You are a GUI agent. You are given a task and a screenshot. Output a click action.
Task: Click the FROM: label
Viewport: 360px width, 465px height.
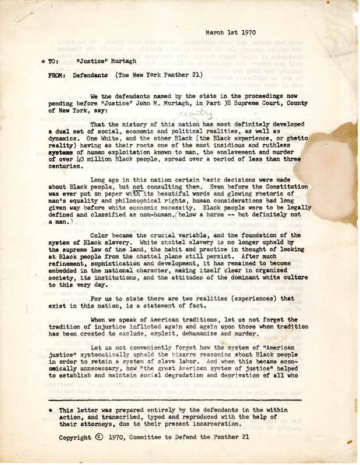(x=58, y=76)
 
